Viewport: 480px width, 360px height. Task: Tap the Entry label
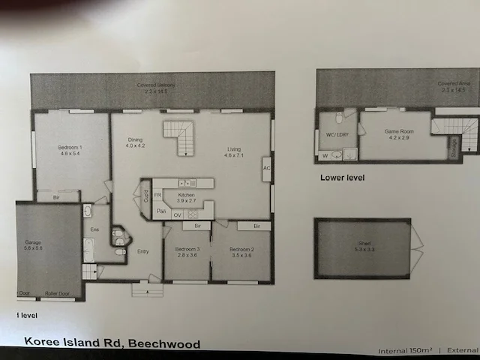pos(143,251)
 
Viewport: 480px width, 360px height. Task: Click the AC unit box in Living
pos(266,168)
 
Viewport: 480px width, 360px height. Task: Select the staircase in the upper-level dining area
pos(180,139)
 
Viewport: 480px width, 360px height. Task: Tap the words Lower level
pos(342,178)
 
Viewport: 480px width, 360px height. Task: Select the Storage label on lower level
pos(453,147)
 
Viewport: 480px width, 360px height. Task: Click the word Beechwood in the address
pos(164,344)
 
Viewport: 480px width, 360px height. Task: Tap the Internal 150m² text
pos(406,350)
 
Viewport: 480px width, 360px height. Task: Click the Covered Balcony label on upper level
pos(156,86)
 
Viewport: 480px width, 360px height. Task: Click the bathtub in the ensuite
pos(88,250)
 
